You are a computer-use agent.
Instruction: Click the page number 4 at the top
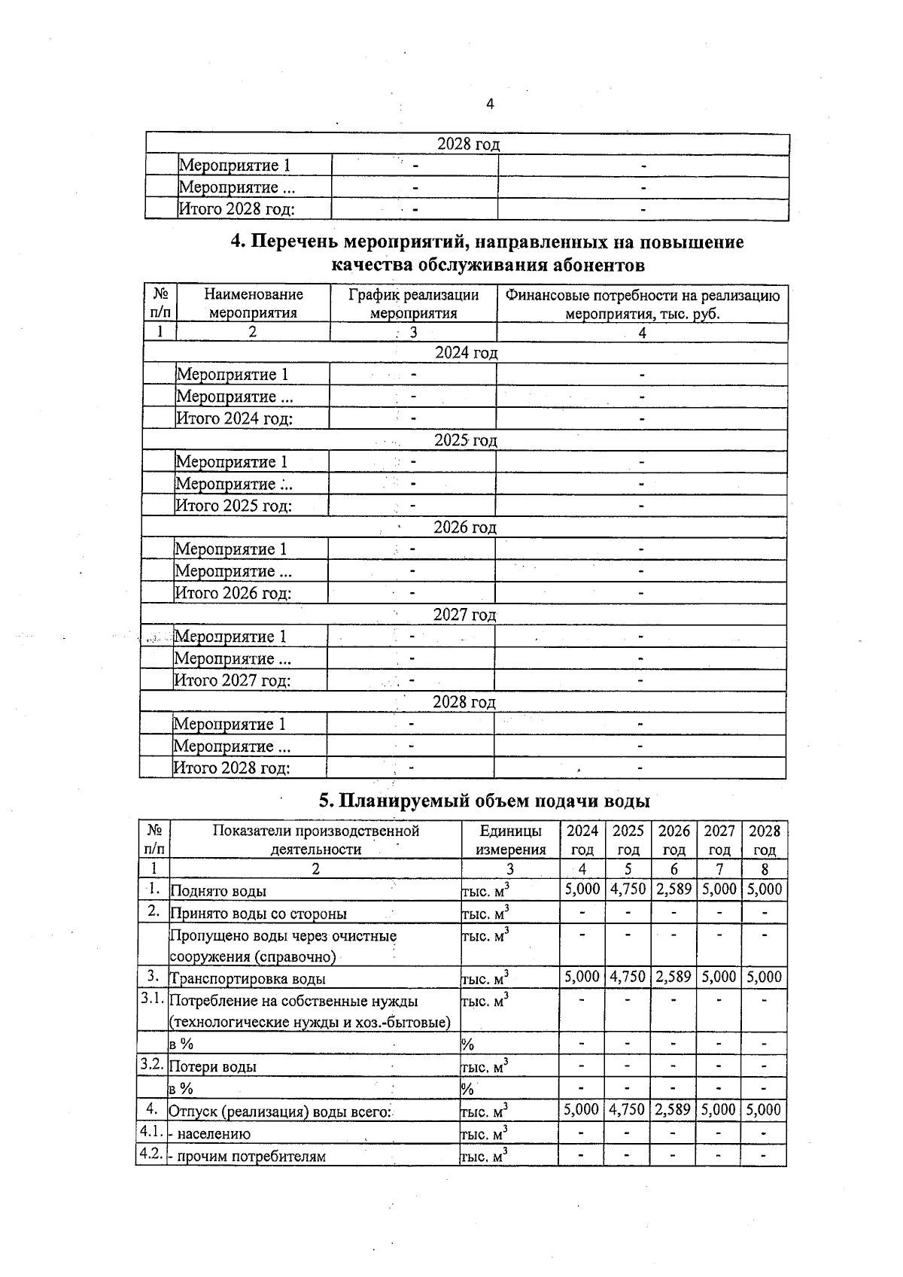[490, 104]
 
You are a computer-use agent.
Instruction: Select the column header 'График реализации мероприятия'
[413, 304]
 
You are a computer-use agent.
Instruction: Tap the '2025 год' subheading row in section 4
[465, 440]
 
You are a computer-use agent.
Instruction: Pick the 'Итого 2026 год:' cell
[233, 593]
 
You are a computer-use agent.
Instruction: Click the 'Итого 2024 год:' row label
[234, 418]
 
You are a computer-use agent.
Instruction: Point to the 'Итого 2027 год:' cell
[233, 680]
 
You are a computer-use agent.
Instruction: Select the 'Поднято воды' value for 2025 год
[628, 889]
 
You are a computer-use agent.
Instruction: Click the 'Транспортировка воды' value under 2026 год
[673, 977]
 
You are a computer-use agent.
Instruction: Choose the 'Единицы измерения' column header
[510, 840]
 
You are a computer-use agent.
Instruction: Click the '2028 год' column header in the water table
[764, 840]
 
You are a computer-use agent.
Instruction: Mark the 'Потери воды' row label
[213, 1066]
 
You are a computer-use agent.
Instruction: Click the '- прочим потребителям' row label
[248, 1156]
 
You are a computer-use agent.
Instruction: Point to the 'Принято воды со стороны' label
[259, 914]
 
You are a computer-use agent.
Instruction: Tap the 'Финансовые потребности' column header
[642, 304]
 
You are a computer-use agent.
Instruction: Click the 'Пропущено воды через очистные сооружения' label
[283, 946]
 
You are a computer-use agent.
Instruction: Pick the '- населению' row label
[210, 1133]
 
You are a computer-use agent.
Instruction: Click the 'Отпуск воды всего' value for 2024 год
[582, 1109]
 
